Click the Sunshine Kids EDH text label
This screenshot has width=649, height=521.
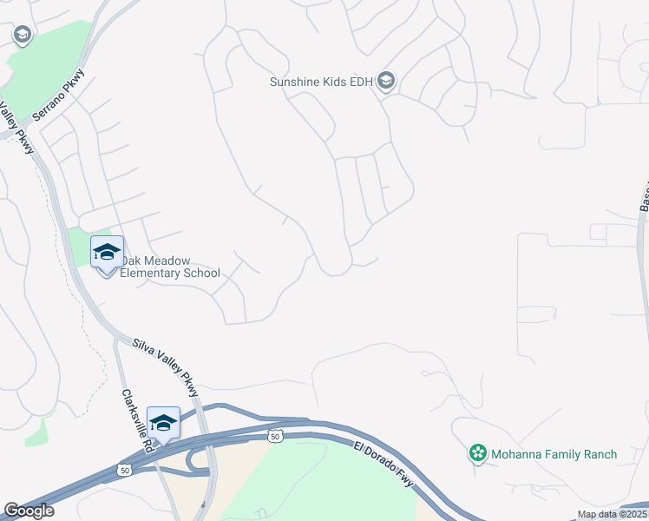pos(321,82)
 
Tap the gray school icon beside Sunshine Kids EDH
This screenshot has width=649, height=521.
pos(386,82)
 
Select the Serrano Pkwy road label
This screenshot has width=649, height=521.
pos(59,93)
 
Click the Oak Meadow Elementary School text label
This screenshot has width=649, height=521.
pos(170,267)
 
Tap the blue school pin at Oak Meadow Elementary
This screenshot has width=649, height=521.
pos(107,254)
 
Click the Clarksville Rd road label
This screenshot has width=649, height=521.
pos(135,418)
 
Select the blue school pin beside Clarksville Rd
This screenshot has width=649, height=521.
pos(163,424)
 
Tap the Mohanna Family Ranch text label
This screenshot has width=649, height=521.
pos(554,454)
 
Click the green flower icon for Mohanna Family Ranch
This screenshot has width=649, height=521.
pos(477,453)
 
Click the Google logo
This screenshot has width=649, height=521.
pos(29,511)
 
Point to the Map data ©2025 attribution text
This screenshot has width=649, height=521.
pos(612,514)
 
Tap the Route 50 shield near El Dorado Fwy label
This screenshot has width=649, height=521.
pos(275,435)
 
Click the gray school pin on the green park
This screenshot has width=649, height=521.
pos(23,35)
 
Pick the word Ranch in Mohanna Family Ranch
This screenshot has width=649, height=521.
pos(598,454)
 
